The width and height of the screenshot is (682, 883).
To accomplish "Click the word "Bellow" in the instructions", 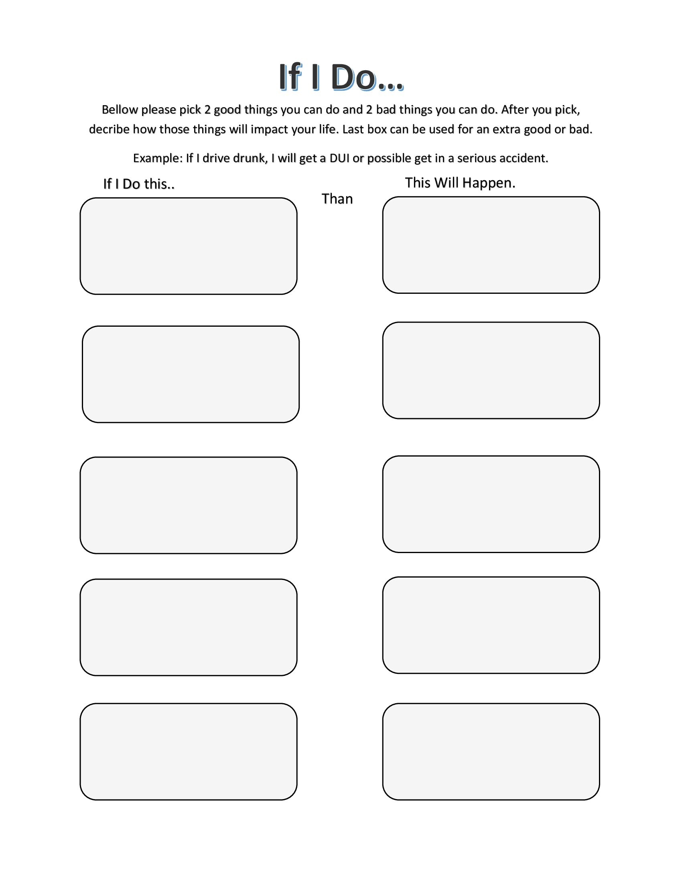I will tap(119, 110).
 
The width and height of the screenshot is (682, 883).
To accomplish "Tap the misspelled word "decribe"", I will tap(109, 129).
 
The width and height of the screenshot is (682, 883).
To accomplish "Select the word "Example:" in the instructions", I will tap(158, 158).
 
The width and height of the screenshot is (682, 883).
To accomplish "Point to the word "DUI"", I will tap(339, 158).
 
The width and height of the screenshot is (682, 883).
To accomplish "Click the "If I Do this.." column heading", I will tap(138, 184).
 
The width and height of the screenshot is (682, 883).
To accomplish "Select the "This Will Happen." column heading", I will tap(460, 183).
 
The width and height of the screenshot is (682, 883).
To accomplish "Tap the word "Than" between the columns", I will tap(337, 199).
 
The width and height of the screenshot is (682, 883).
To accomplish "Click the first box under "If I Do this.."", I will tap(188, 246).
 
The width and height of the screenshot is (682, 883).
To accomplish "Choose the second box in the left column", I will tap(190, 374).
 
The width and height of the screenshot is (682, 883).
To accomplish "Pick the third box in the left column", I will tap(188, 505).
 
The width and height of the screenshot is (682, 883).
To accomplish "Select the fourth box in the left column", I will tap(188, 627).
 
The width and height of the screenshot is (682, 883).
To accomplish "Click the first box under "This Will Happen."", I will tap(491, 244).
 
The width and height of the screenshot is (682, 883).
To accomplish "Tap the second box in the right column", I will tap(491, 370).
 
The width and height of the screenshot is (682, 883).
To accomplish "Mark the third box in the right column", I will tap(491, 504).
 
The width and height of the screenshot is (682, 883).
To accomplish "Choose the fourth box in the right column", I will tap(491, 625).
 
